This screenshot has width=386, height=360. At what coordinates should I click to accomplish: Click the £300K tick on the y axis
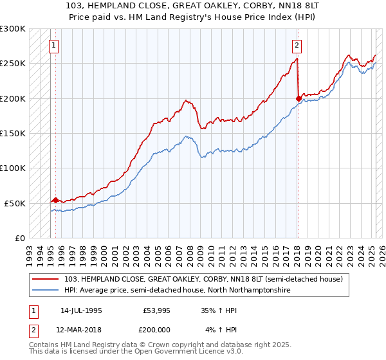point(12,29)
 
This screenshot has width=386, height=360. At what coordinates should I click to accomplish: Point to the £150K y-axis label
point(12,134)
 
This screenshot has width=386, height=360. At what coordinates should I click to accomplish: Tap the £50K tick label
point(15,203)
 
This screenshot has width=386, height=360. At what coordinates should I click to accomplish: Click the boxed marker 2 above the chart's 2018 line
point(297,46)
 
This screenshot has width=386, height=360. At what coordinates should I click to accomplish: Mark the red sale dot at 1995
point(55,200)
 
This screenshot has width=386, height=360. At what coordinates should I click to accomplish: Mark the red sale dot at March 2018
point(298,98)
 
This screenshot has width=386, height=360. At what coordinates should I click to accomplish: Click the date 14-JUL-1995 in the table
point(81,310)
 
